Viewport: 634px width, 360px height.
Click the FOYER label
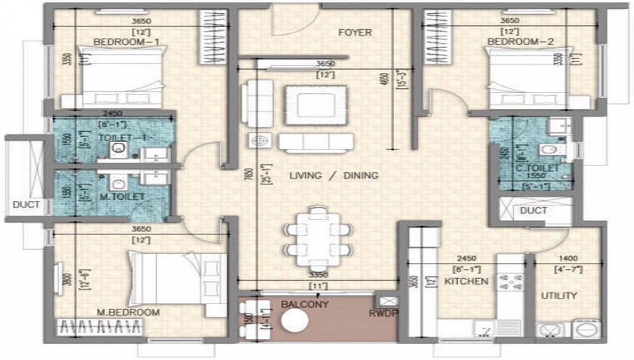click(354, 32)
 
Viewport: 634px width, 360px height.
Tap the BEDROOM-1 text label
click(126, 42)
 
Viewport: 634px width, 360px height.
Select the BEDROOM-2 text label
click(521, 42)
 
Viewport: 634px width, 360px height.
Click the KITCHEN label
click(466, 281)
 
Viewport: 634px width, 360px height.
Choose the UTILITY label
click(559, 295)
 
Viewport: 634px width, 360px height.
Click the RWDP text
click(382, 313)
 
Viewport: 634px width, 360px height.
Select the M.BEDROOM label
click(129, 312)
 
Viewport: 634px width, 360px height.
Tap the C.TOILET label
click(536, 168)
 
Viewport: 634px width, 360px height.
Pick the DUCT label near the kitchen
click(533, 210)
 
